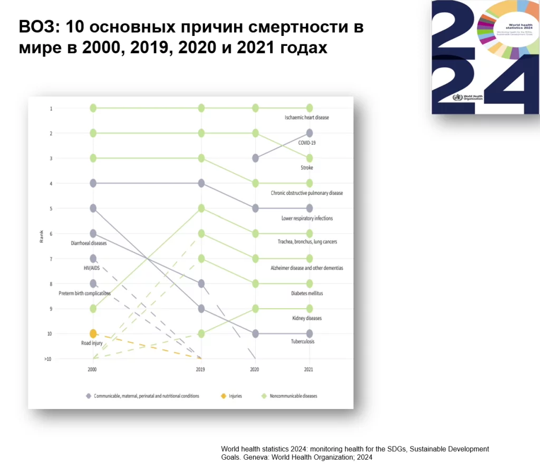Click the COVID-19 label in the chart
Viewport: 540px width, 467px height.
tap(306, 142)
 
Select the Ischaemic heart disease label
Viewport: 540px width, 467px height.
tap(306, 117)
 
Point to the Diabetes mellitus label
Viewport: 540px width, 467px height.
tap(306, 293)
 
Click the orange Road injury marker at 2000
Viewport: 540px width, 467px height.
tap(93, 333)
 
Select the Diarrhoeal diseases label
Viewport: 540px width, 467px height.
tap(89, 243)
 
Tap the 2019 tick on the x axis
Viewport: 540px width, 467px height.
tap(200, 369)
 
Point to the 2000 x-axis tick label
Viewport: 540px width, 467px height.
tap(92, 369)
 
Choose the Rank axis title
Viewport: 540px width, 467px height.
tap(41, 237)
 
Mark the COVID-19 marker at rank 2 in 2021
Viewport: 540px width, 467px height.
tap(310, 133)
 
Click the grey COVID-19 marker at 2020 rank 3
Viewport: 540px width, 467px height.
tap(255, 158)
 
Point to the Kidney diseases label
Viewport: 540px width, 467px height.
tap(307, 318)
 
